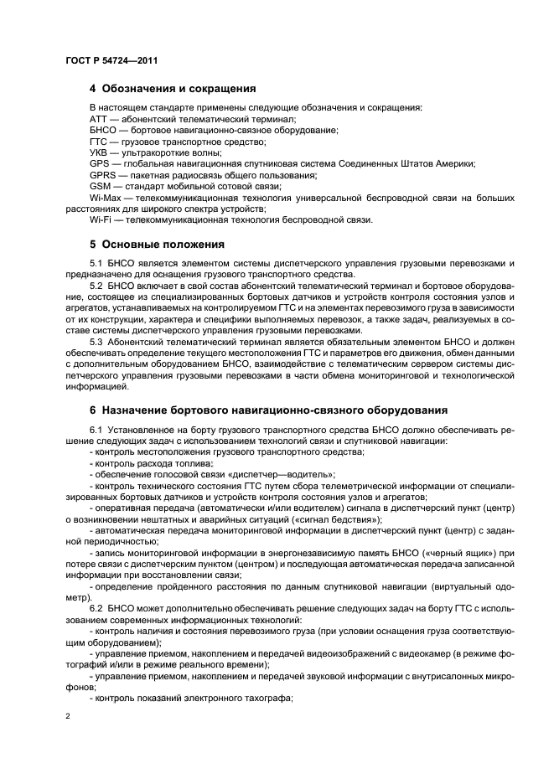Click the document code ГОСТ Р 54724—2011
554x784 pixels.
coord(111,60)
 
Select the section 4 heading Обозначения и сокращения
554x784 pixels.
coord(179,88)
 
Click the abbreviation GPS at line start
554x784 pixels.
coord(100,163)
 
